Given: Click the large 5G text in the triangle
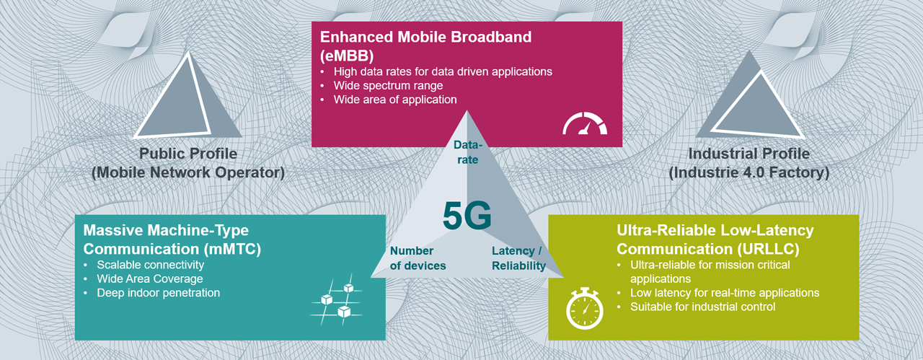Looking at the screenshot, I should (467, 216).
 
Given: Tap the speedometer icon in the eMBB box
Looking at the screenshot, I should (585, 125).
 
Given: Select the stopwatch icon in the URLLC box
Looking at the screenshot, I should (584, 308).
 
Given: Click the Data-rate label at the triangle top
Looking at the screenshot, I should (467, 152).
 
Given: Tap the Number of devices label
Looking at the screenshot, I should (418, 258).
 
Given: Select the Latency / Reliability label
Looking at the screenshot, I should (518, 258).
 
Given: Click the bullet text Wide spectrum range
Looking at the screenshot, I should (388, 86).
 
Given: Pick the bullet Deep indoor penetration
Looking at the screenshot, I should (158, 293).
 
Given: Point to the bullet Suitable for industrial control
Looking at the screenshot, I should (702, 307).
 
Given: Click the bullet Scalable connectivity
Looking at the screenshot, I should (150, 265).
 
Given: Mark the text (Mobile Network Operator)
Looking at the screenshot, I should (188, 173).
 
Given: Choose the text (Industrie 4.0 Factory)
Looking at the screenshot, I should (748, 173).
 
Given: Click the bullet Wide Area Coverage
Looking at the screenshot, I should (149, 278).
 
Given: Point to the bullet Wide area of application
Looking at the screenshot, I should (394, 100).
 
